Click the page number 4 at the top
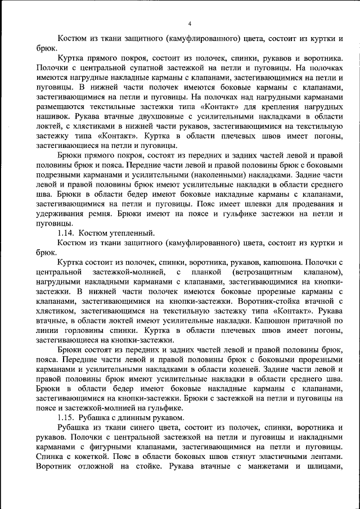pos(190,23)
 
